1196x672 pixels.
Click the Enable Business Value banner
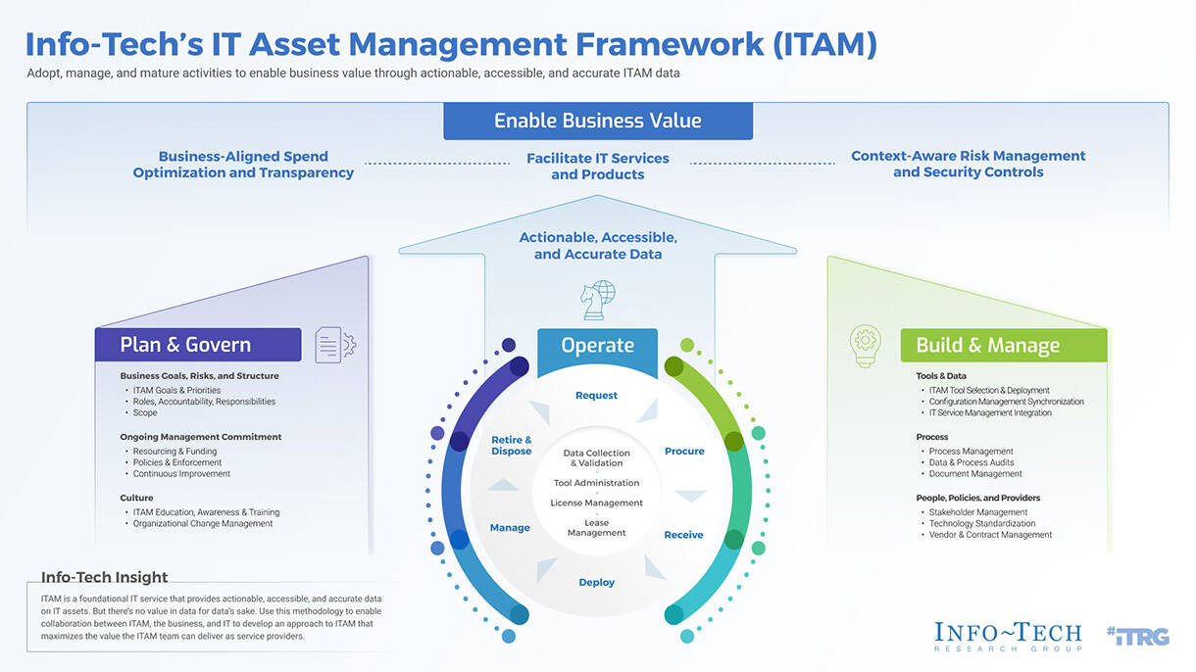pos(598,121)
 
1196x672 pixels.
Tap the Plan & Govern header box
pos(197,345)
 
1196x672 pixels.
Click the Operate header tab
pos(597,346)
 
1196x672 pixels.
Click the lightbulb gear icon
pos(866,346)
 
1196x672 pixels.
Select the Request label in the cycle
pos(596,396)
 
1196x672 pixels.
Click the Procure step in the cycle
pos(684,452)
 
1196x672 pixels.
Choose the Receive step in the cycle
pos(684,535)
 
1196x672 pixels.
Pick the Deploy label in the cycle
pos(596,583)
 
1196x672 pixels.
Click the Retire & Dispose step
pos(511,446)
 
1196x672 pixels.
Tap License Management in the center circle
pos(596,504)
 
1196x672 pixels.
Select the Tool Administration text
pos(596,483)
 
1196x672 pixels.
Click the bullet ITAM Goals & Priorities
pos(176,390)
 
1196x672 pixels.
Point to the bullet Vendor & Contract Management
pos(990,535)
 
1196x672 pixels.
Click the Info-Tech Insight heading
pos(105,578)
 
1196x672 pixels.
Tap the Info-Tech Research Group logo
pos(1008,637)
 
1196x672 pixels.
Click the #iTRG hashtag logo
pos(1137,636)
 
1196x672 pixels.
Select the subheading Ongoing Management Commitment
pos(201,437)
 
